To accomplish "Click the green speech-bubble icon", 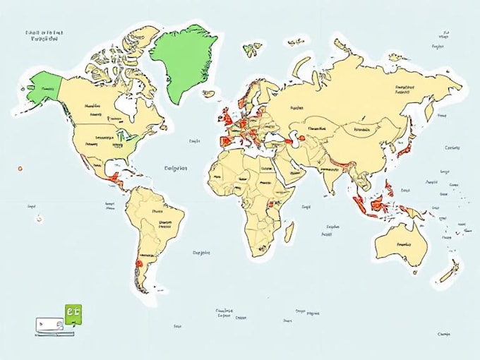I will (73, 313).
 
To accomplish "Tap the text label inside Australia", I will (404, 244).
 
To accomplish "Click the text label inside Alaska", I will (48, 90).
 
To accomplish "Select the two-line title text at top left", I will (44, 36).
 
